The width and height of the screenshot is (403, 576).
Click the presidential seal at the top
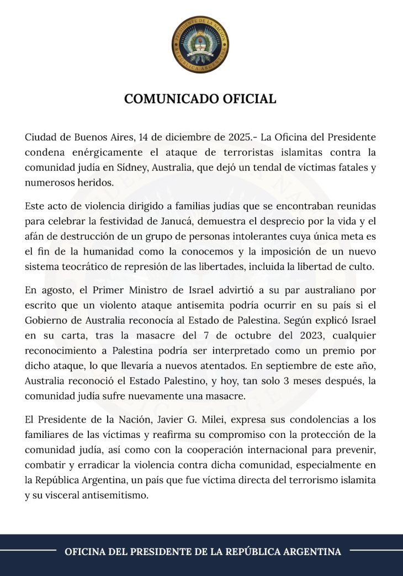(x=200, y=45)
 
